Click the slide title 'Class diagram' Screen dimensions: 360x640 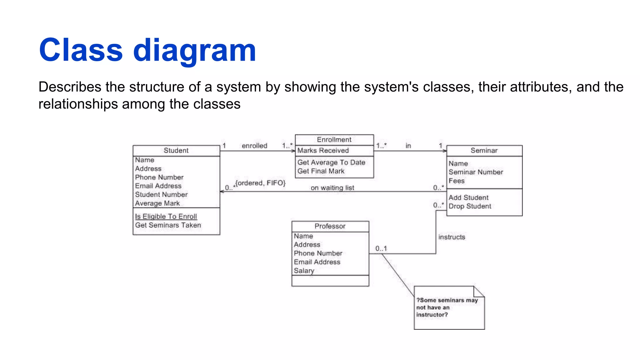pyautogui.click(x=147, y=50)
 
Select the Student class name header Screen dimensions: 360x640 pyautogui.click(x=176, y=151)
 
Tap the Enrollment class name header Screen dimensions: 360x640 pyautogui.click(x=334, y=140)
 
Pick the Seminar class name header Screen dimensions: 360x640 pyautogui.click(x=484, y=151)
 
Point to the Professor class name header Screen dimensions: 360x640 pyautogui.click(x=330, y=226)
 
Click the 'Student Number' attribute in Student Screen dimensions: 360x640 pyautogui.click(x=161, y=194)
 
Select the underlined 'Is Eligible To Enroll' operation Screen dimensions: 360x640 pyautogui.click(x=166, y=216)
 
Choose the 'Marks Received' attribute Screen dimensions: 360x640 pyautogui.click(x=323, y=151)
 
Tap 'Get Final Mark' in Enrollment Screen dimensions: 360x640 pyautogui.click(x=321, y=171)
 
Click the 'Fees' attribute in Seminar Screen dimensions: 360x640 pyautogui.click(x=457, y=181)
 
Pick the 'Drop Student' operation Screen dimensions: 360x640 pyautogui.click(x=470, y=206)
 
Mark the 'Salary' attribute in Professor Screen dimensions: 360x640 pyautogui.click(x=304, y=271)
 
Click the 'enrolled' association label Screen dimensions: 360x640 pyautogui.click(x=254, y=146)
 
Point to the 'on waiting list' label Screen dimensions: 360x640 pyautogui.click(x=332, y=188)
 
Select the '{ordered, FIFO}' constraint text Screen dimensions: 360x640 pyautogui.click(x=260, y=183)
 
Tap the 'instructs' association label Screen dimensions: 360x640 pyautogui.click(x=452, y=237)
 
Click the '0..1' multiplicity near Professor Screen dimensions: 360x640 pyautogui.click(x=381, y=248)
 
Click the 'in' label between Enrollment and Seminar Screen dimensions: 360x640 pyautogui.click(x=408, y=146)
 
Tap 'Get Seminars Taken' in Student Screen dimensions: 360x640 pyautogui.click(x=168, y=225)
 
